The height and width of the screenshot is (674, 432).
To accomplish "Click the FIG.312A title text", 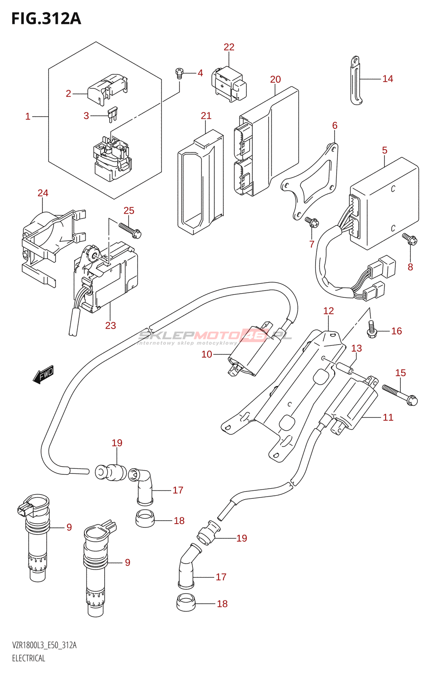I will (x=46, y=19).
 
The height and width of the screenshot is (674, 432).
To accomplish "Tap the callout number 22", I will (x=229, y=47).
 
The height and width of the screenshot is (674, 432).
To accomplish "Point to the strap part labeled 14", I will (x=356, y=80).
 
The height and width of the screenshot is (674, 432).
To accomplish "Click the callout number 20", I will (x=275, y=80).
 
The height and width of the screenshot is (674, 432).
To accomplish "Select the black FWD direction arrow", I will (x=43, y=374).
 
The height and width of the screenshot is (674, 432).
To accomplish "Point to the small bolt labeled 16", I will (x=371, y=329).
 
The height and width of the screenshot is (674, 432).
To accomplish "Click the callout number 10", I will (x=206, y=354).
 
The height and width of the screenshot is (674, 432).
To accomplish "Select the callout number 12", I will (x=328, y=311).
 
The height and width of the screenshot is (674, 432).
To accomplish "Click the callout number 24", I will (x=43, y=193).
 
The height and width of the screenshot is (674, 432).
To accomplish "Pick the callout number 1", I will (x=28, y=116).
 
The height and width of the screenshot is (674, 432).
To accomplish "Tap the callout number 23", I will (x=110, y=325).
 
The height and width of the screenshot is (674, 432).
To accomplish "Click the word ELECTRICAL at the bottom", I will (x=28, y=658).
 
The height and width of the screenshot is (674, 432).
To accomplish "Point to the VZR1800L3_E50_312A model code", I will (x=44, y=645).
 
